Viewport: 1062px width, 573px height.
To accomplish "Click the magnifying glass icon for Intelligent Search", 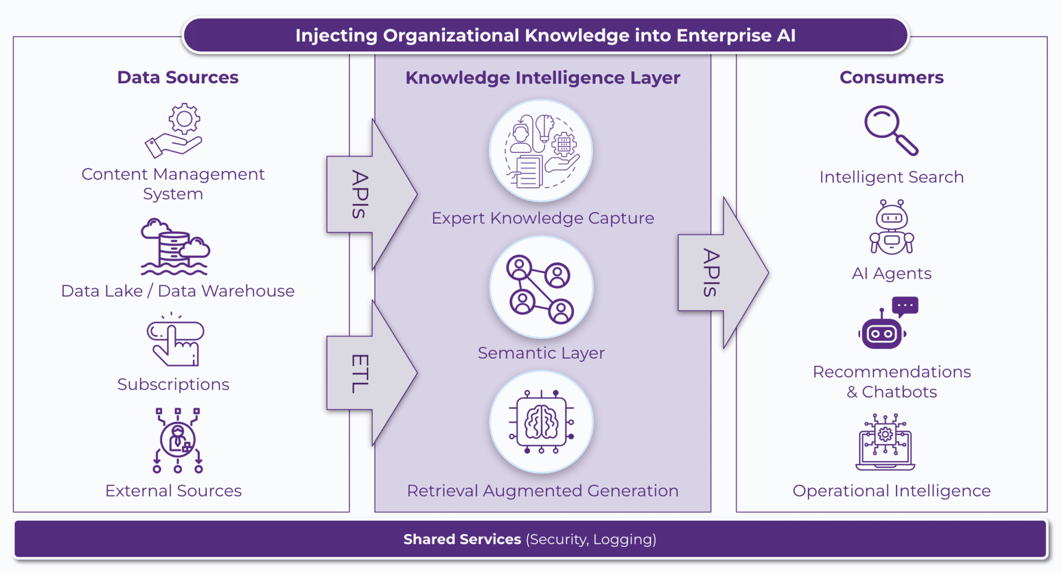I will click(890, 130).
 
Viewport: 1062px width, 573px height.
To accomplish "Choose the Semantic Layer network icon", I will click(541, 288).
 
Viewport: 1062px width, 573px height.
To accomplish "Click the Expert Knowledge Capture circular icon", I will click(541, 151).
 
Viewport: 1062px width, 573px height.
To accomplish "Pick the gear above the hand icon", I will click(184, 119).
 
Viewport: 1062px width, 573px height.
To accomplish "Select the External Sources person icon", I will click(177, 440).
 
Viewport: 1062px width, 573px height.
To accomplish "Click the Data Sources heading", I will click(177, 77).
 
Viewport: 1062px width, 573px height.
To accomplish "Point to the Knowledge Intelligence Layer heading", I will click(542, 78).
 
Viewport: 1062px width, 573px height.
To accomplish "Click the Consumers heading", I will click(891, 77).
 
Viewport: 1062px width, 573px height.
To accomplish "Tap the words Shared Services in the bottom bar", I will click(462, 539).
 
